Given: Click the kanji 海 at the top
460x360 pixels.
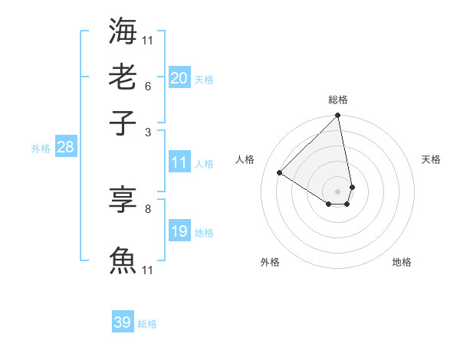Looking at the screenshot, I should [123, 31].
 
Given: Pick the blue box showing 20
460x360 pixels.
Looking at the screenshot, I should [179, 77].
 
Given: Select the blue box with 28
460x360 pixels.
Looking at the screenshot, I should [65, 147].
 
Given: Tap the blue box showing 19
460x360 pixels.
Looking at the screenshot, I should [179, 231].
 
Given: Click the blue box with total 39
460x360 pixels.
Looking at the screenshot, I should [123, 322].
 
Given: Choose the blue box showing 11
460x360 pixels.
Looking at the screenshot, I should [179, 162].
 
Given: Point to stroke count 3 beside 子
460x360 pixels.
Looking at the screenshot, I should [147, 132].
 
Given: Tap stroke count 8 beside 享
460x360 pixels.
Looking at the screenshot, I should [147, 208].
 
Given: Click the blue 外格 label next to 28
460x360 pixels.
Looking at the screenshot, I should [41, 149].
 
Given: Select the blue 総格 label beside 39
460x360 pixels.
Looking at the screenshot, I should [147, 324].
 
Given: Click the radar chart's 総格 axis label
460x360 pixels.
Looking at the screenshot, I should [338, 100].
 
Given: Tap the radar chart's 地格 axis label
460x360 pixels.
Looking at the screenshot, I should [402, 262].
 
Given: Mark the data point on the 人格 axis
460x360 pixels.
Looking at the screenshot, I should [280, 173].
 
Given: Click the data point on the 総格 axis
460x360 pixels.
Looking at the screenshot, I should [338, 116].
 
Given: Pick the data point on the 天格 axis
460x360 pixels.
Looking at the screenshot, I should [352, 187].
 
